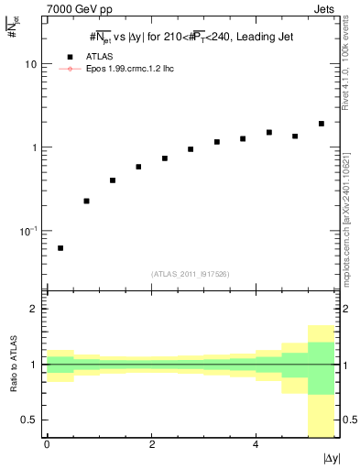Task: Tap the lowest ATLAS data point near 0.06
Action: [60, 248]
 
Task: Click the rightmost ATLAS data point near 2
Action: [321, 124]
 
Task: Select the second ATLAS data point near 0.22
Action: [86, 201]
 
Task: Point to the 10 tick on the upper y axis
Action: [31, 65]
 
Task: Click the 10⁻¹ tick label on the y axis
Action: [27, 230]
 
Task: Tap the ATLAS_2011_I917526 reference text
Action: [190, 274]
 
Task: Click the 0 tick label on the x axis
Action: [47, 444]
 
